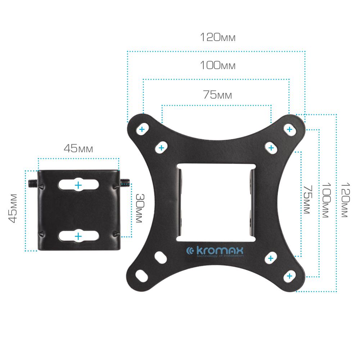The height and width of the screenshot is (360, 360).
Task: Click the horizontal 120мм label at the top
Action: point(218,37)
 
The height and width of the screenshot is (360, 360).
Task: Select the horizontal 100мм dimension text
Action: point(218,65)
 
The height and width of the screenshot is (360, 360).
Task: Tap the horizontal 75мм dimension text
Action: point(217,95)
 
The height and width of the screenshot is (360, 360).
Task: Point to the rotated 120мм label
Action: point(345,200)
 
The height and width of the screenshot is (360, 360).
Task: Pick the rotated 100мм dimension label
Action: point(326,200)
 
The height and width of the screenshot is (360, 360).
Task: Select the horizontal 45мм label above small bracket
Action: point(78,148)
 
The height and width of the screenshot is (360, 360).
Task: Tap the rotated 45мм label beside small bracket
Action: point(13,208)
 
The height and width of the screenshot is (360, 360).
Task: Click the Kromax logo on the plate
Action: point(215,252)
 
